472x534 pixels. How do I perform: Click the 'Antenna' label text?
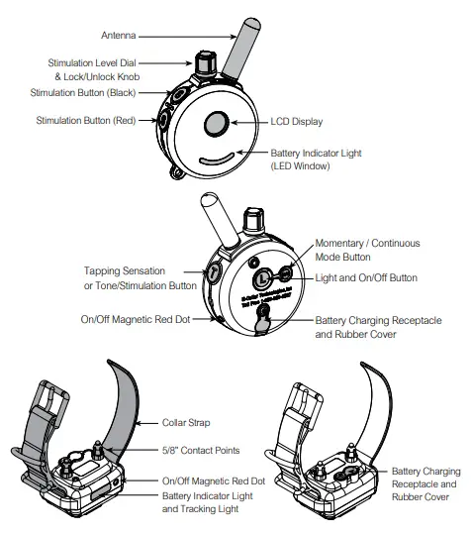pyautogui.click(x=119, y=36)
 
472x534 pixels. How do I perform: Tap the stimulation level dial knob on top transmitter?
pyautogui.click(x=205, y=64)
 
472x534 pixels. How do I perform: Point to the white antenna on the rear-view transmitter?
pyautogui.click(x=214, y=212)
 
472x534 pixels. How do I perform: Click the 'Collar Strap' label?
pyautogui.click(x=188, y=423)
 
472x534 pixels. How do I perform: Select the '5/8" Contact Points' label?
pyautogui.click(x=201, y=451)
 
